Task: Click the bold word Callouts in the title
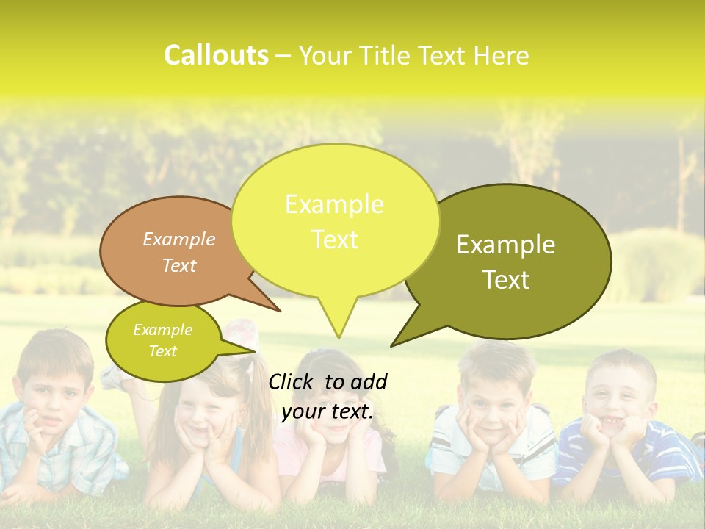click(216, 55)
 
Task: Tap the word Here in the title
click(502, 55)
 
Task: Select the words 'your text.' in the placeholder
click(327, 411)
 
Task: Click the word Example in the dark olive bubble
click(506, 245)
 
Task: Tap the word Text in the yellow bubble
click(335, 240)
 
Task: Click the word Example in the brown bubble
click(179, 239)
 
